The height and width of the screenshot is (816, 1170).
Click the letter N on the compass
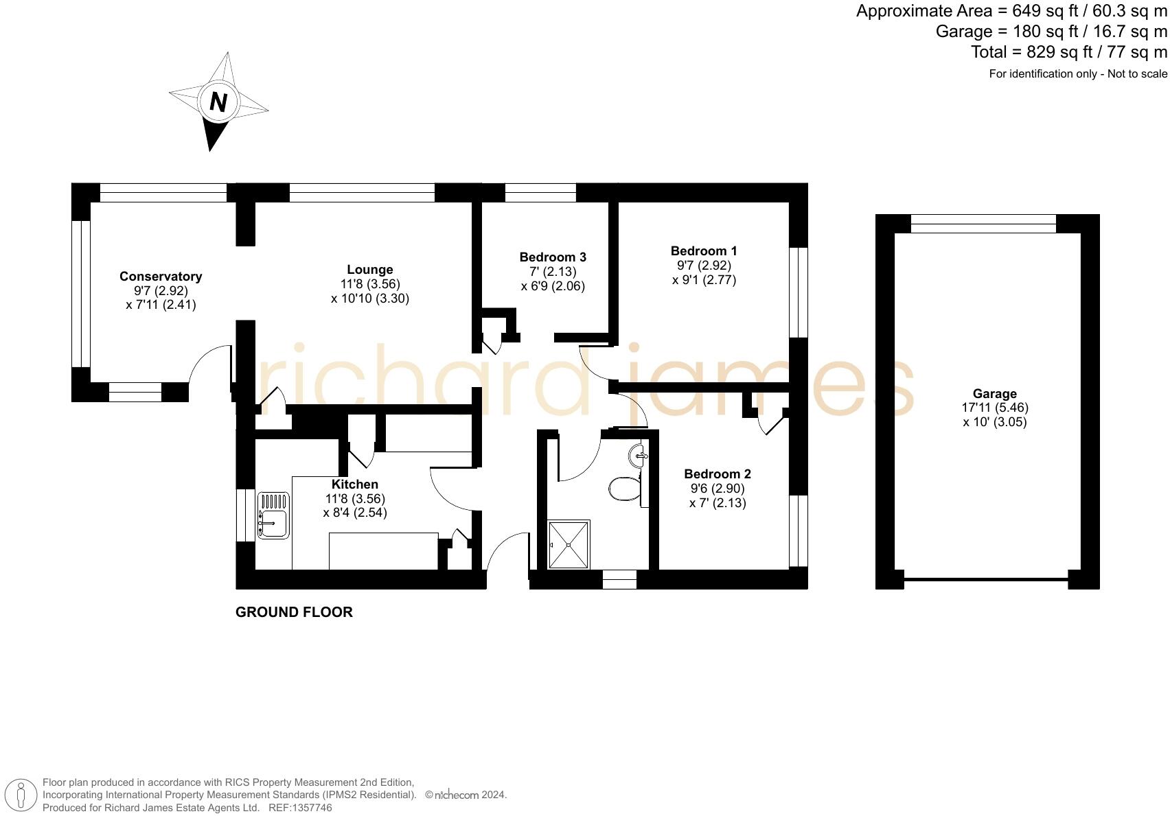[218, 102]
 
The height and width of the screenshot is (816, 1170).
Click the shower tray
[569, 545]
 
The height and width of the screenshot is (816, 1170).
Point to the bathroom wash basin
[638, 455]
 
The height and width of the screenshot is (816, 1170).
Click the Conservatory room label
[161, 277]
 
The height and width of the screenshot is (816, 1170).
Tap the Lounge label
[369, 270]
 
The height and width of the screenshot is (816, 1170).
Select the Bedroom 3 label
[553, 257]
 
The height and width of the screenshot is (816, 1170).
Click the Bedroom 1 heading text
[704, 250]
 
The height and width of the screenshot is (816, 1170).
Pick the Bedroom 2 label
[718, 474]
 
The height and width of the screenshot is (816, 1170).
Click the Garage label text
[994, 393]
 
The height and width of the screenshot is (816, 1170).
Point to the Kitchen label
[354, 485]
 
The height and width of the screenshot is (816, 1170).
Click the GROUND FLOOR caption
[294, 612]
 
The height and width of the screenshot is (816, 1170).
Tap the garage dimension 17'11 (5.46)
[994, 408]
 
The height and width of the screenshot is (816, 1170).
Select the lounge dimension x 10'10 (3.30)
[369, 299]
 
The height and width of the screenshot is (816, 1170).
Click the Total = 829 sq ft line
[1068, 52]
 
